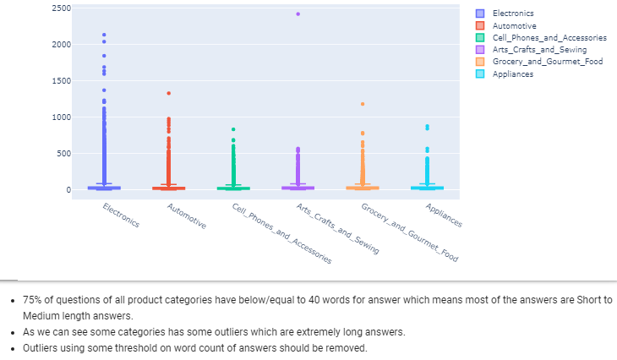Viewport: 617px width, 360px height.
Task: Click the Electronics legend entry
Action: pos(512,14)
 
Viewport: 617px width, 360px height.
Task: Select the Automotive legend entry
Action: pos(514,26)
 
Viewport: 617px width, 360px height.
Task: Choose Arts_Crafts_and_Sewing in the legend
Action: pos(539,50)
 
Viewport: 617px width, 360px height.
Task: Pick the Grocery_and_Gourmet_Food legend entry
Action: pos(547,62)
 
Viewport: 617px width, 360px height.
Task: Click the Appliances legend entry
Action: pos(513,74)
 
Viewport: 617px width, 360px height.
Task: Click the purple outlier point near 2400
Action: pos(298,14)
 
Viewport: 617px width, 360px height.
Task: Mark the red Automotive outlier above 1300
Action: pos(168,93)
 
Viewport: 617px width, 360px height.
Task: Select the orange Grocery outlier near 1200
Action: pos(363,104)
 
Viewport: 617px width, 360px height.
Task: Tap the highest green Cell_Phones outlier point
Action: pos(233,129)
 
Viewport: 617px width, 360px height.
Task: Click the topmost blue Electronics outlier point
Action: pos(104,35)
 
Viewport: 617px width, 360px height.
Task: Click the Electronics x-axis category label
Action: pos(121,215)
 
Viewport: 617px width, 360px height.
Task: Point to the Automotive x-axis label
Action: pos(187,217)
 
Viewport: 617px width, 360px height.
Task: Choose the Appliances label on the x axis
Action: pos(444,215)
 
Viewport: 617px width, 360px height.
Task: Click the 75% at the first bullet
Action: pos(32,300)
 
